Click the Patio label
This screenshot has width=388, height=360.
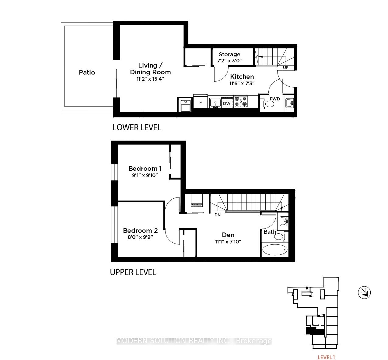(x=87, y=72)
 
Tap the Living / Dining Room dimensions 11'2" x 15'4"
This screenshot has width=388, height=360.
(x=150, y=79)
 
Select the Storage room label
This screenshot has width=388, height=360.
(x=229, y=54)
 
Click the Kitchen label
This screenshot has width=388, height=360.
(x=242, y=77)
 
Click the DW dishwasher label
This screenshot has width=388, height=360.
(x=227, y=103)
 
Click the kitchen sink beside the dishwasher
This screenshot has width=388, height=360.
(x=215, y=103)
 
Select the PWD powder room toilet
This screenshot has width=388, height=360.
(x=268, y=104)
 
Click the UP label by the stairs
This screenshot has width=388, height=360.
(x=286, y=68)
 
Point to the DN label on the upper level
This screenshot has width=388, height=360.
(x=218, y=215)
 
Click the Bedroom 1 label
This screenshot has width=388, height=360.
(x=145, y=169)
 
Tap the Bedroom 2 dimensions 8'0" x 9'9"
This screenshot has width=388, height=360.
(x=140, y=237)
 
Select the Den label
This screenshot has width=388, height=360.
(x=228, y=235)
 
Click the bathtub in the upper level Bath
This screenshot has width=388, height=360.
(x=275, y=250)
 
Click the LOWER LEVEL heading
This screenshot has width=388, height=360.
(x=137, y=128)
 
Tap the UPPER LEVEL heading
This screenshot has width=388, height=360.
(x=133, y=272)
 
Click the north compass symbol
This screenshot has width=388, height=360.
(x=364, y=292)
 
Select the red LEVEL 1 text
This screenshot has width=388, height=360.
(x=326, y=357)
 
